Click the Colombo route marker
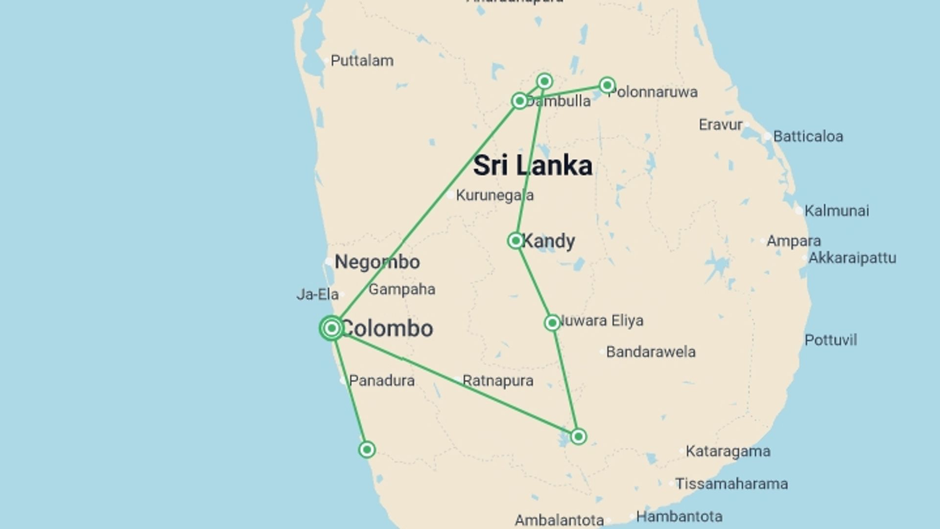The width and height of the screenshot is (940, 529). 332,328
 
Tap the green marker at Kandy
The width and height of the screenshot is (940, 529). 516,240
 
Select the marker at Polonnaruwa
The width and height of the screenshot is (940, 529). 607,85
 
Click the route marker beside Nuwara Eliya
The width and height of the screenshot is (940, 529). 552,323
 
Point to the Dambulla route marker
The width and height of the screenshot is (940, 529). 519,101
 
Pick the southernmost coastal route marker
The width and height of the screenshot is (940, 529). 367,449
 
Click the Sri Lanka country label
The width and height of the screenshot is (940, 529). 533,166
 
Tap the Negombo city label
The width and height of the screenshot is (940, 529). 377,262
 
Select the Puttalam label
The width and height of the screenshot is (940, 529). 362,61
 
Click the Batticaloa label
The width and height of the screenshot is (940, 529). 808,136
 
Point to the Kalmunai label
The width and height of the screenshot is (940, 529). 837,211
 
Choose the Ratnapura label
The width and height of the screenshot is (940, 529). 497,381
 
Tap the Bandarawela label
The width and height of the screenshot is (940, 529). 651,352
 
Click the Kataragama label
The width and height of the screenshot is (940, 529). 728,451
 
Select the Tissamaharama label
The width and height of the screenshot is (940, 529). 731,484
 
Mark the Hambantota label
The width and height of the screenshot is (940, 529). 679,516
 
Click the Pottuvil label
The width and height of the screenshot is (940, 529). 830,340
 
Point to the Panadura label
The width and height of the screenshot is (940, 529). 381,381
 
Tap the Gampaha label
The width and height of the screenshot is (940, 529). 402,289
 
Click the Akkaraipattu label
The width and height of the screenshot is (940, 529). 852,258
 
